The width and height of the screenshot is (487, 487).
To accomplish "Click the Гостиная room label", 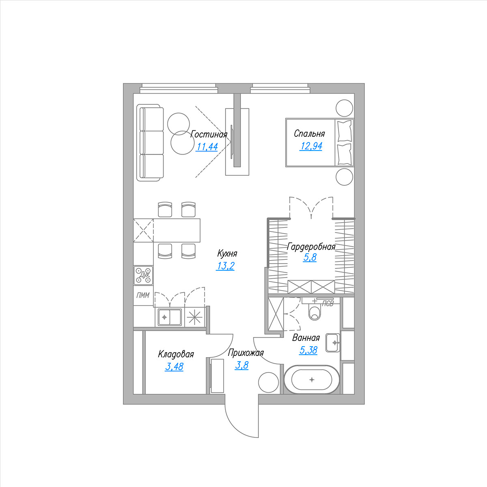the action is (x=209, y=134).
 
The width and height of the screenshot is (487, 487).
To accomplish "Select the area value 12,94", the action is (x=311, y=146).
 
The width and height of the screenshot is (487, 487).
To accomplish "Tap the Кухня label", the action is (x=227, y=254).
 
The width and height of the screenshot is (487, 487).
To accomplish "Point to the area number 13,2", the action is (x=225, y=266).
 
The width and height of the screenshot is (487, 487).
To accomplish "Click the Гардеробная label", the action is (x=311, y=246).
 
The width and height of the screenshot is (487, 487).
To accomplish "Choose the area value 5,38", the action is (x=308, y=350).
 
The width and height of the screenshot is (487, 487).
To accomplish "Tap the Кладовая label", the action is (x=176, y=354).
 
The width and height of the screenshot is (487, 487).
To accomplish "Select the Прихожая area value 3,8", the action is (x=241, y=365).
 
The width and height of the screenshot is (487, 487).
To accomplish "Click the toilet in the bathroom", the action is (x=315, y=312).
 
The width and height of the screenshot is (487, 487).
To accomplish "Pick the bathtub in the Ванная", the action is (x=312, y=379).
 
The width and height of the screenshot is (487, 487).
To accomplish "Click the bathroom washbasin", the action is (x=333, y=343).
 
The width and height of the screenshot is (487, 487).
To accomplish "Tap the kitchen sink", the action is (x=170, y=317).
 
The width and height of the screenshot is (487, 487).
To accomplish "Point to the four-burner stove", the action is (x=143, y=275).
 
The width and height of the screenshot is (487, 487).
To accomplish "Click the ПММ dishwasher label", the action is (x=143, y=295).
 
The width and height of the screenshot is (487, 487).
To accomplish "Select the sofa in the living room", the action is (x=150, y=142).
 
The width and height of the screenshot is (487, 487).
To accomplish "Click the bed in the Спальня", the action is (x=320, y=142).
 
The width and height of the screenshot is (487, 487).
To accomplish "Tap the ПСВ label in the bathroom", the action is (x=328, y=304).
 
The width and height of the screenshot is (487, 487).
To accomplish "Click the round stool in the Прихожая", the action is (x=268, y=383).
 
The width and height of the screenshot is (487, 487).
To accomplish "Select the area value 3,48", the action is (x=174, y=366).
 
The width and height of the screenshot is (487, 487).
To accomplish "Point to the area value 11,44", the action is (x=207, y=147).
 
